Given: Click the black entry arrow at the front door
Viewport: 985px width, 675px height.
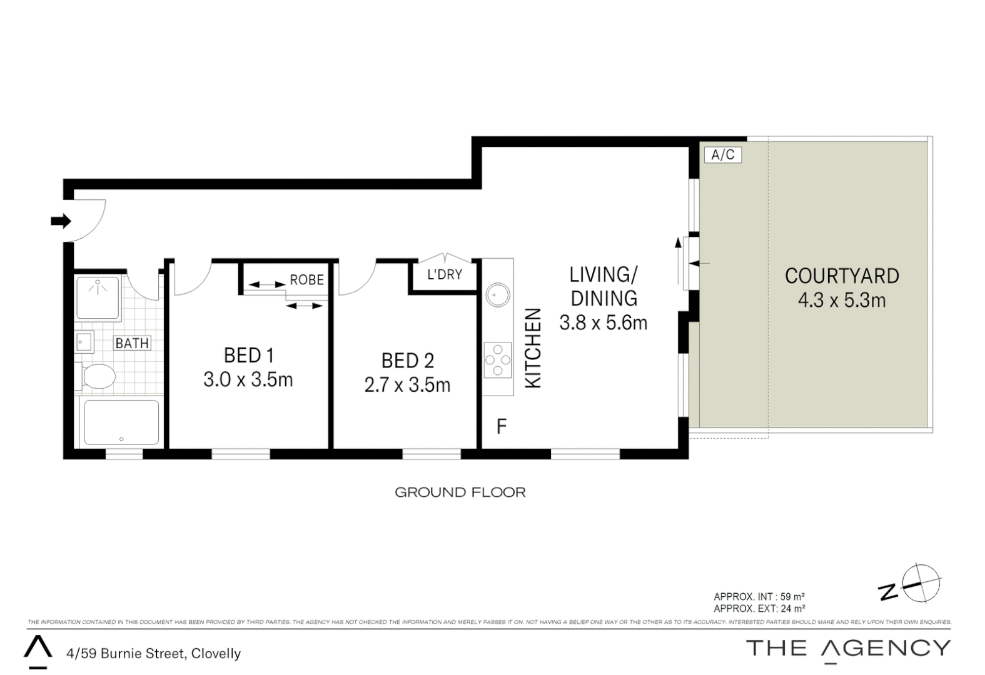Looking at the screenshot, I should [61, 221].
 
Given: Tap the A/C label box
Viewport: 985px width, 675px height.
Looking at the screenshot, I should [722, 154].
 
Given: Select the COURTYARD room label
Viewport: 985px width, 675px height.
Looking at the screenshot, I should [842, 276].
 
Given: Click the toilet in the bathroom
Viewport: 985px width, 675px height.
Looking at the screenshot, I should [98, 377].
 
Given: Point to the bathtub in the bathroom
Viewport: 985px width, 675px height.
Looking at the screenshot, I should [121, 422].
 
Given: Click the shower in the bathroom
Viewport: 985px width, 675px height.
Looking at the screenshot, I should [98, 297].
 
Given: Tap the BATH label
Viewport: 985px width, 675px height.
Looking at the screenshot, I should [132, 343].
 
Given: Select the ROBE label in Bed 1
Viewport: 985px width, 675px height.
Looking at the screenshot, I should [306, 279].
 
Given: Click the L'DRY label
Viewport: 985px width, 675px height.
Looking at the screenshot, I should [445, 274].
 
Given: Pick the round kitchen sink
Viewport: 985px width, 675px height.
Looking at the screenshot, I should [498, 295].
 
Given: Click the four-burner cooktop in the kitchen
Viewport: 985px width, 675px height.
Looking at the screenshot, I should [498, 360].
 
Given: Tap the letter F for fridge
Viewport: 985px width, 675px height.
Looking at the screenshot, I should [501, 426].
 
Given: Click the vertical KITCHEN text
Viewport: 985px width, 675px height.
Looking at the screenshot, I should [532, 347].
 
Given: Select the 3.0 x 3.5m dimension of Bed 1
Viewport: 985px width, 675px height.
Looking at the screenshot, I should [248, 379].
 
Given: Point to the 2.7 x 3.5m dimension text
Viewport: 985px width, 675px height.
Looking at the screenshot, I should [407, 384].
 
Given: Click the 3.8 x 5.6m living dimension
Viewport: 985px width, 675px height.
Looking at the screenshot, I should [603, 322].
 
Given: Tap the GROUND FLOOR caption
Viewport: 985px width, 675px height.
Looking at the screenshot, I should [460, 492].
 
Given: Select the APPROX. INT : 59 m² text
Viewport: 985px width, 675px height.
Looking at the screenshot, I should [759, 597].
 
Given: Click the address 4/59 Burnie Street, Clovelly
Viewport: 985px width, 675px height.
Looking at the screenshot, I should [153, 654].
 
